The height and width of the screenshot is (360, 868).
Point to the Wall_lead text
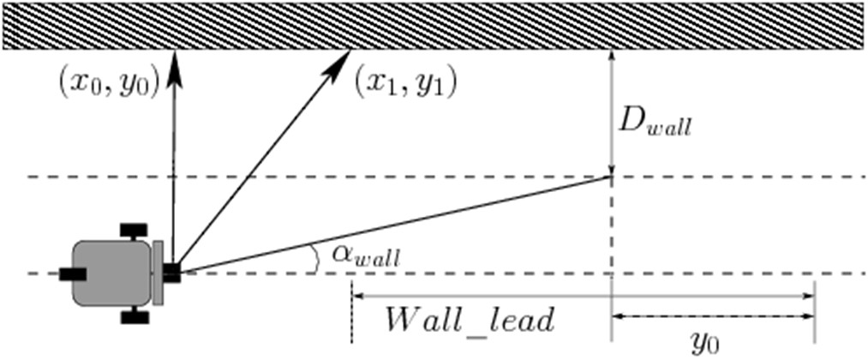click(470, 321)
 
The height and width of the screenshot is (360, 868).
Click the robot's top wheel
click(134, 231)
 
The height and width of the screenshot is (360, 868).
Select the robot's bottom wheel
click(134, 317)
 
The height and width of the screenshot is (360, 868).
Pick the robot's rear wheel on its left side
click(72, 273)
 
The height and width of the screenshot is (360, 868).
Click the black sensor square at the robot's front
click(171, 273)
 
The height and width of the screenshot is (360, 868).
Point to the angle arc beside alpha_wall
click(315, 258)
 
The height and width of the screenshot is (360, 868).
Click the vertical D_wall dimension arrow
click(611, 111)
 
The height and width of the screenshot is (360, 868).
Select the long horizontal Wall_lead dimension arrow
click(583, 297)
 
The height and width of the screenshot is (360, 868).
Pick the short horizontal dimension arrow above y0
click(712, 316)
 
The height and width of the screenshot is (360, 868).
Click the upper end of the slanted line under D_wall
click(609, 177)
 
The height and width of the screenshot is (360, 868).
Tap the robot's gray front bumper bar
click(158, 273)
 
